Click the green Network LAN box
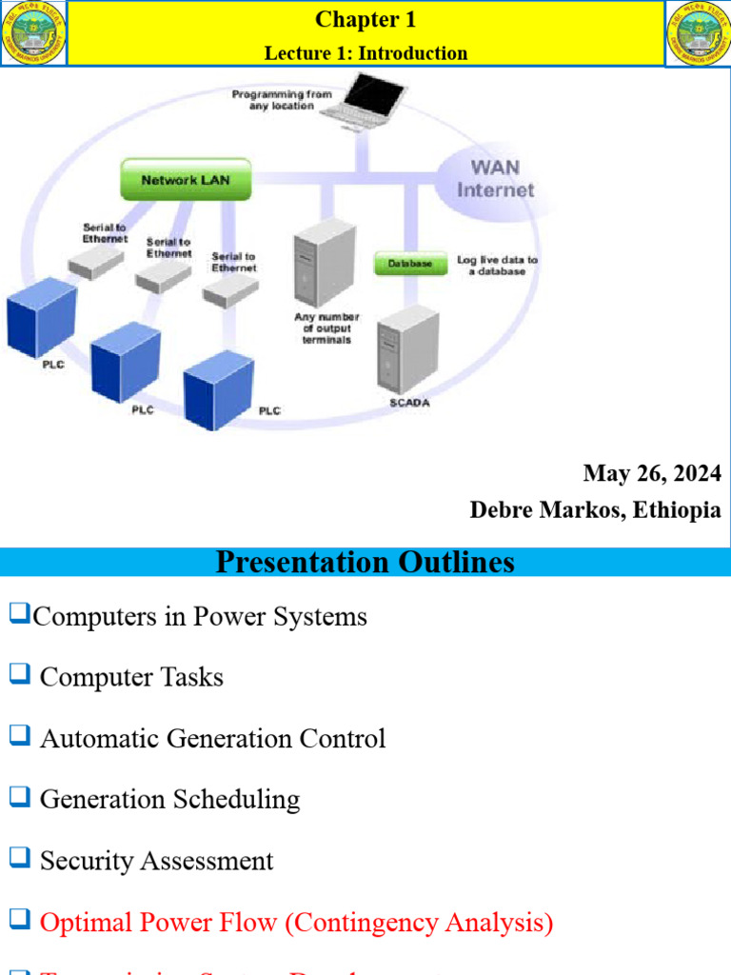186,180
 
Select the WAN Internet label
495,179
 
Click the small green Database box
409,264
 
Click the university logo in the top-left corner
33,33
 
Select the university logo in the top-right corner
698,33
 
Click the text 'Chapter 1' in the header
365,20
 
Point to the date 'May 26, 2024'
652,473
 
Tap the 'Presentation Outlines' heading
365,562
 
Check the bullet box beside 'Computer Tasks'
19,675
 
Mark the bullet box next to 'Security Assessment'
19,858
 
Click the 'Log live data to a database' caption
497,266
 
